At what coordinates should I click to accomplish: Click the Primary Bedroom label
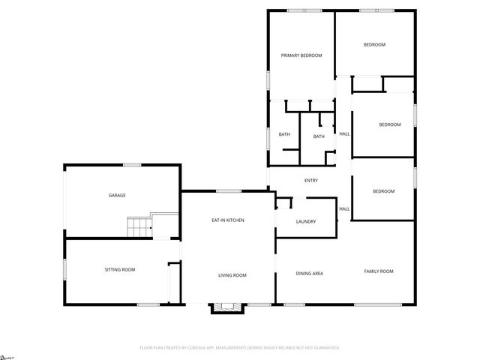pos(301,55)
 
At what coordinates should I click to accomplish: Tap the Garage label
pos(117,195)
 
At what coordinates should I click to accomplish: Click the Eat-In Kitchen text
pos(227,220)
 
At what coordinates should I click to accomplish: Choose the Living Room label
pos(232,275)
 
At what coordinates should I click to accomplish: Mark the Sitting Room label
pos(119,269)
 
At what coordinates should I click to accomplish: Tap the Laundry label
pos(306,221)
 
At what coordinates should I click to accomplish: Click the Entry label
pos(311,181)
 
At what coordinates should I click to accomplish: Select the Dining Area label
pos(309,273)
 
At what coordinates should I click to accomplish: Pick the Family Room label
pos(379,271)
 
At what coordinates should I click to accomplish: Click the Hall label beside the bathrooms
pos(344,133)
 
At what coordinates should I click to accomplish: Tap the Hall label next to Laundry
pos(344,208)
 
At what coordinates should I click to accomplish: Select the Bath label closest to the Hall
pos(319,136)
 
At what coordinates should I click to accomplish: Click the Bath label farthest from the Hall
pos(284,134)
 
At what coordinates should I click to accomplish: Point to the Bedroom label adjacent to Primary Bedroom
pos(374,45)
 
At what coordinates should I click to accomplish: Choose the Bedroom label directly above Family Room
pos(383,191)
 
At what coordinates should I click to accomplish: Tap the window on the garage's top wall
pos(133,165)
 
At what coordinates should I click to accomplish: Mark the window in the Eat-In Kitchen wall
pos(229,191)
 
